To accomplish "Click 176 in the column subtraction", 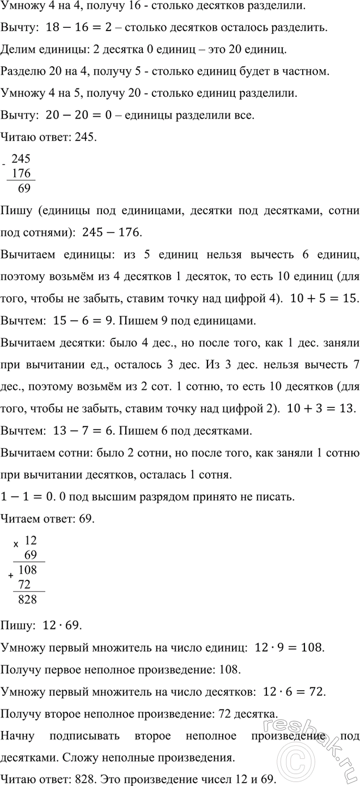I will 21,174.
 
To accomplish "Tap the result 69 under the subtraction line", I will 24,188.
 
